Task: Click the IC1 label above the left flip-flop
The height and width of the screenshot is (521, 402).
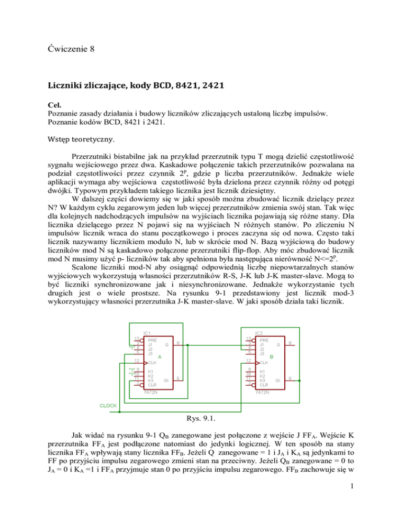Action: pos(147,333)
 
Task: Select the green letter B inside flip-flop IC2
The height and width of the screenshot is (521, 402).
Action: pos(271,356)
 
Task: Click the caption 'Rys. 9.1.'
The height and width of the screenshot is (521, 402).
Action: pos(201,418)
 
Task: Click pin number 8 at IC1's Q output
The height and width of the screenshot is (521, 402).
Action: pos(178,344)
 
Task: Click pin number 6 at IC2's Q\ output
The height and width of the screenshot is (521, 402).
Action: pos(291,378)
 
